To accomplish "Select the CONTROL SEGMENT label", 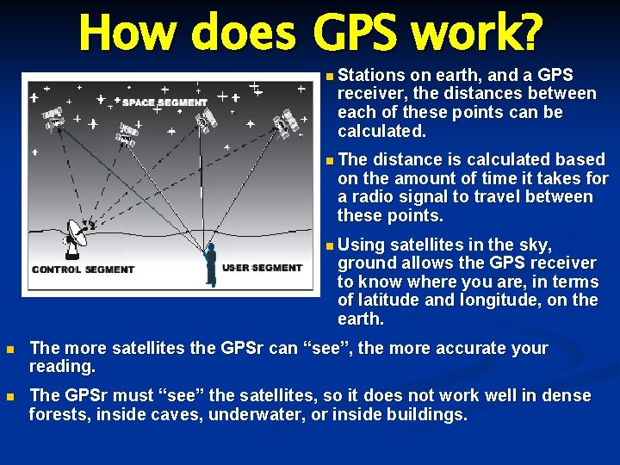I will click(x=83, y=270).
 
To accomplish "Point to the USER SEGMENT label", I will click(x=262, y=268).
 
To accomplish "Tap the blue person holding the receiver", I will click(x=210, y=263).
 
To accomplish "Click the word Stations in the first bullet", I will click(x=369, y=75).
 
